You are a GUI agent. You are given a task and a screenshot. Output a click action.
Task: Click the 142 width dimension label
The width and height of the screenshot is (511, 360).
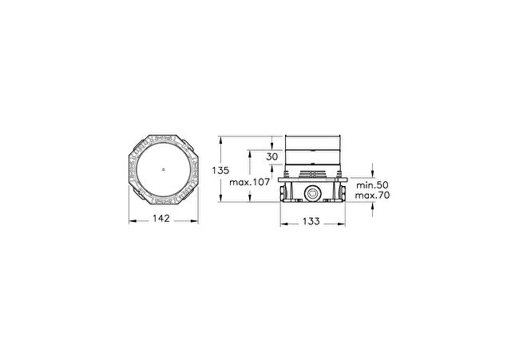[x=161, y=218]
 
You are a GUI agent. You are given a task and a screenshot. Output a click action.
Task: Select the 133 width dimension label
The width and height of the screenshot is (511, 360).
[x=311, y=222]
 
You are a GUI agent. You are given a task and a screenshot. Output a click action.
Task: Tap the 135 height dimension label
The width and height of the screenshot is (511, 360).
[x=220, y=170]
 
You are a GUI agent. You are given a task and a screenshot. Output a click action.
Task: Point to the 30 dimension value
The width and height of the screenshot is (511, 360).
[x=272, y=156]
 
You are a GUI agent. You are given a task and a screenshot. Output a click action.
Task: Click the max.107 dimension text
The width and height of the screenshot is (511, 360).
[x=250, y=182]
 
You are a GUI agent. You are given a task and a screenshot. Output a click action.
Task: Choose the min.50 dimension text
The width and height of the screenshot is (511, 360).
[x=372, y=185]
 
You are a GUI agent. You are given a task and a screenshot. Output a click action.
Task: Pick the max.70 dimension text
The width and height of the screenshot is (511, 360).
[x=372, y=196]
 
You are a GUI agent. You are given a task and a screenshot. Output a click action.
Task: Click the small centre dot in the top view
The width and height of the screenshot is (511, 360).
[x=163, y=169]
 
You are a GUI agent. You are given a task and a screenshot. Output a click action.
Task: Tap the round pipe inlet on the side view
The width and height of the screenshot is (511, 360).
[x=311, y=193]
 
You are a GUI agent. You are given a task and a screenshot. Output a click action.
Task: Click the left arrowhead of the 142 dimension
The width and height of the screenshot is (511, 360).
[x=132, y=221]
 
